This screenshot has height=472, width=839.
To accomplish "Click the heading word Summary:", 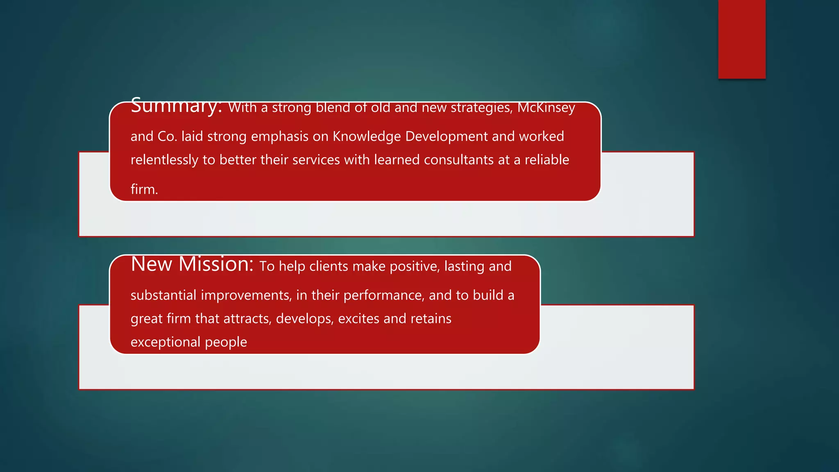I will [176, 106].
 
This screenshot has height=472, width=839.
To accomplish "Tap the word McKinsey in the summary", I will [546, 107].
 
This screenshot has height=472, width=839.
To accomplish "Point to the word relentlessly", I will [164, 160].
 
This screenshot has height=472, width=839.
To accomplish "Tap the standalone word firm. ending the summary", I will [144, 189].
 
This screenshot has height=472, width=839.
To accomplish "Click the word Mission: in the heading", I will [216, 264].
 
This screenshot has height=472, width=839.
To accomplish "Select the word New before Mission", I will [151, 264].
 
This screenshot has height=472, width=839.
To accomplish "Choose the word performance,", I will [383, 295].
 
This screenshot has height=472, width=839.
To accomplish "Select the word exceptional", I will [165, 342].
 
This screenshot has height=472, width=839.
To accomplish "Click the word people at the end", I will [226, 342].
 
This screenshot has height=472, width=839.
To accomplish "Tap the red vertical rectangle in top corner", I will [741, 39].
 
